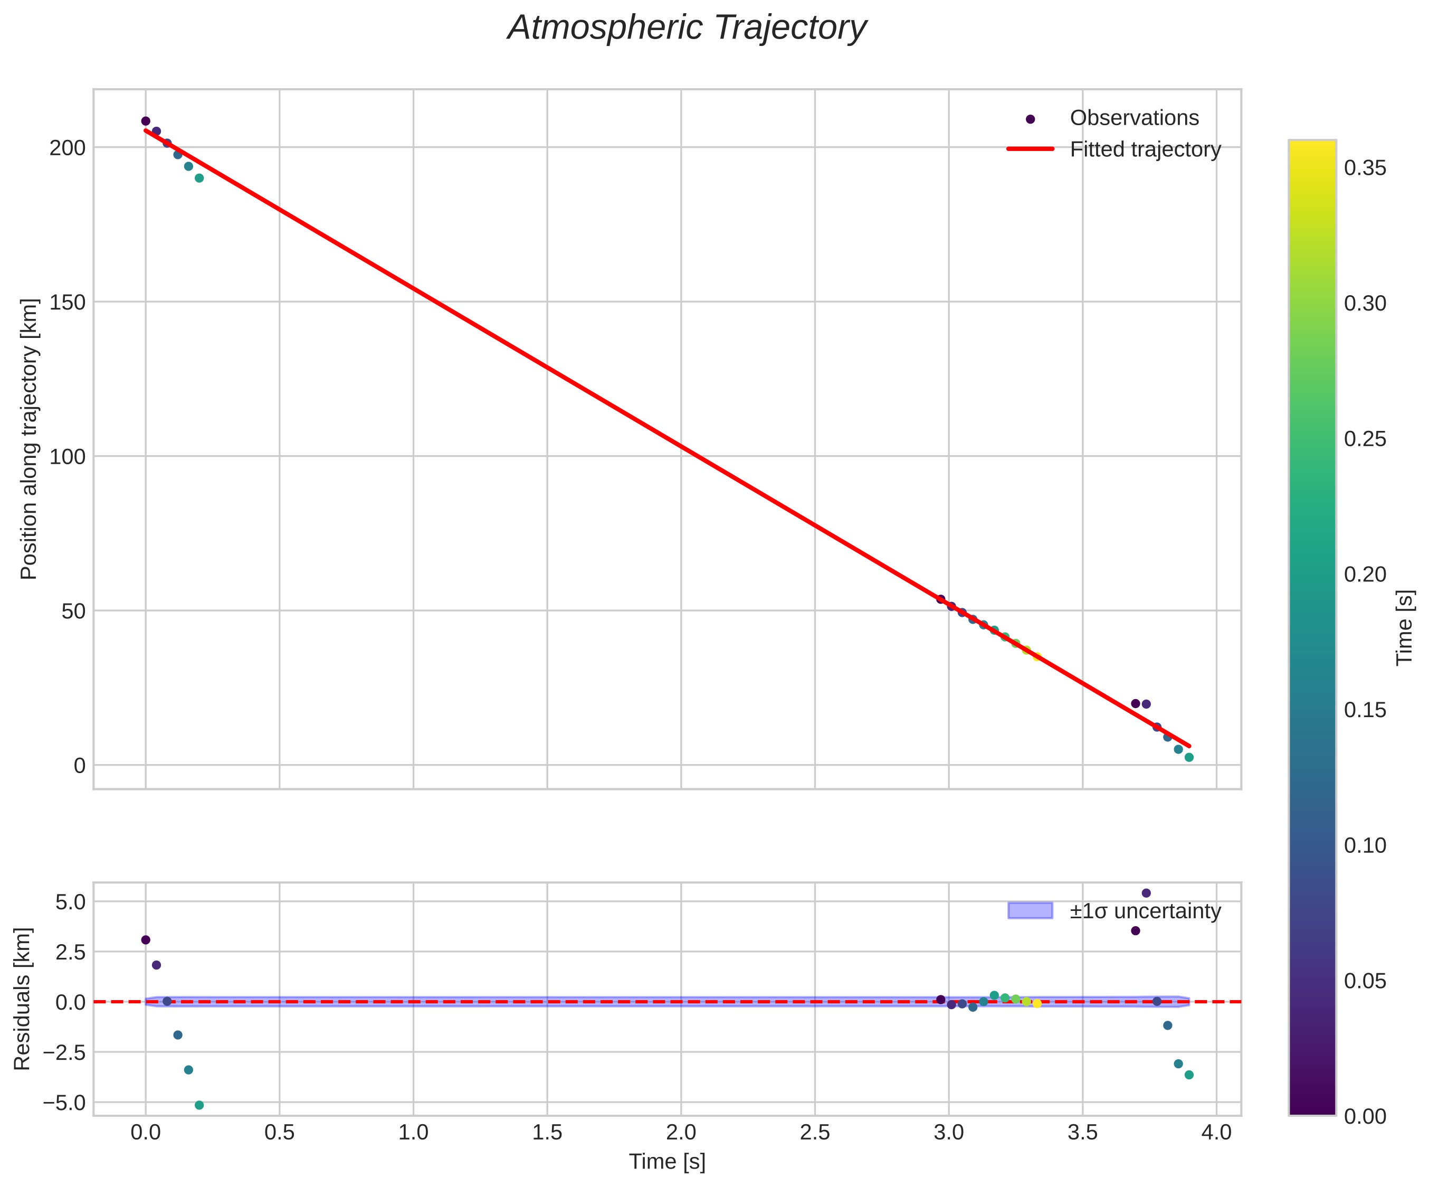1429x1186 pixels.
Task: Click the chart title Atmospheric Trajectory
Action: click(x=687, y=29)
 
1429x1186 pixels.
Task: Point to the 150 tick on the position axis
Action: click(x=68, y=302)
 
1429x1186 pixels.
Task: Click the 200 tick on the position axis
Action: click(x=68, y=148)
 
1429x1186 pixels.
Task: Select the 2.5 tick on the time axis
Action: click(x=815, y=1133)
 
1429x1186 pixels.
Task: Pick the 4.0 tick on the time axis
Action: click(x=1216, y=1133)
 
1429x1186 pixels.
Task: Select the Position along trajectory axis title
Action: click(x=29, y=439)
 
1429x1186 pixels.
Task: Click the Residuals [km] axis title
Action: click(x=23, y=999)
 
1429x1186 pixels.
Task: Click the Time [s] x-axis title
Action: click(x=667, y=1162)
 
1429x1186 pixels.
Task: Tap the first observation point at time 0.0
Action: click(x=146, y=121)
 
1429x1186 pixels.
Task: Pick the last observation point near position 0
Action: click(x=1189, y=757)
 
